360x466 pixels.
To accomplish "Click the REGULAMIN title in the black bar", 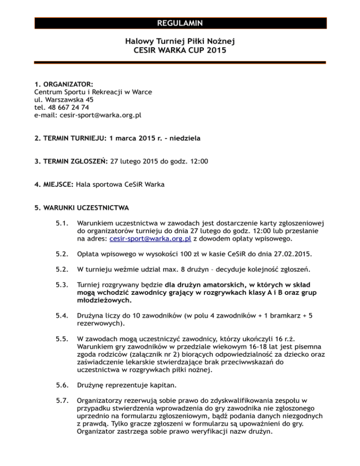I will pos(180,23).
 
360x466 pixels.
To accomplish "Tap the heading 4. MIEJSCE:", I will pos(54,184).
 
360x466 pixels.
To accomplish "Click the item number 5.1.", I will pos(61,224).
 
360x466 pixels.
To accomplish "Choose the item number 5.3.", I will pos(61,286).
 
